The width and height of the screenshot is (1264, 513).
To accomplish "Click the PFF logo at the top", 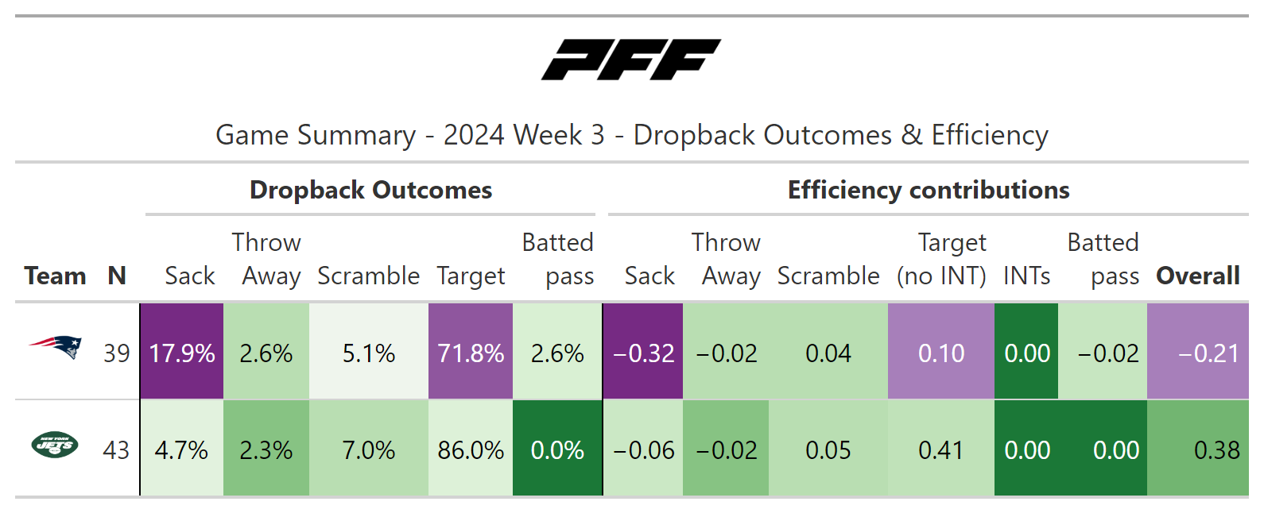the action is pos(631,60).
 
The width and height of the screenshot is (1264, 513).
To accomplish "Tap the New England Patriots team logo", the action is pos(56,347).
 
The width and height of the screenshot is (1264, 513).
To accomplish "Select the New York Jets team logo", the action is pos(55,445).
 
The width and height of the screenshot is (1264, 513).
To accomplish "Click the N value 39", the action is pos(117,353).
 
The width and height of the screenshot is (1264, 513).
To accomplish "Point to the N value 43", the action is pos(116,450).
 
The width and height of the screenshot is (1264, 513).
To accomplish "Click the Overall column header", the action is pos(1198,276).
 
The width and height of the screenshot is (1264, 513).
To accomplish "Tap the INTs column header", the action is pos(1026,276).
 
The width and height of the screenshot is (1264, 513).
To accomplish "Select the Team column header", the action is pos(56,276).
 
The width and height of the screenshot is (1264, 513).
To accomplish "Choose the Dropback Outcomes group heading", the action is pos(370,190).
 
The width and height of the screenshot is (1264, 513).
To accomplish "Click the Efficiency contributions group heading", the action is pos(929,190).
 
